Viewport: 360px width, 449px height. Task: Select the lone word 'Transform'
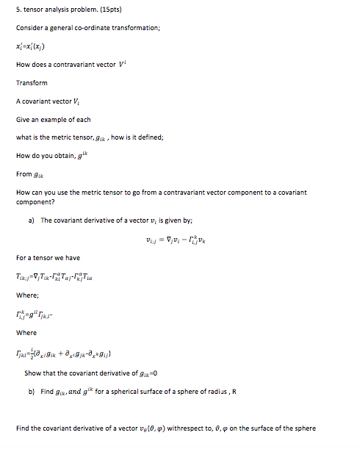pos(32,82)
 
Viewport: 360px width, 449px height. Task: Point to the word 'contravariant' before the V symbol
pos(92,65)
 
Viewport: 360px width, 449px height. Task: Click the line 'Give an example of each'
pos(53,119)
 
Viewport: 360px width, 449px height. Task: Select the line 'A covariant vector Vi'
pos(46,101)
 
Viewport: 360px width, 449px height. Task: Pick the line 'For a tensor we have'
pos(48,258)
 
